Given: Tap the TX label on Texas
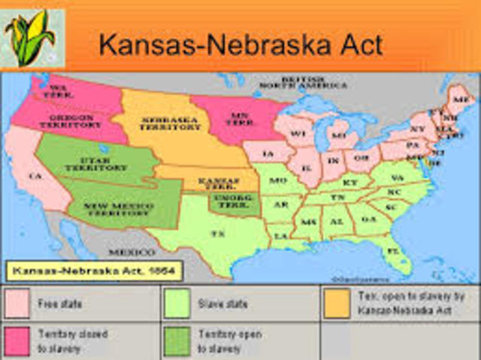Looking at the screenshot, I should click(218, 234).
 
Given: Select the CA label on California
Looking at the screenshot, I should click(35, 176).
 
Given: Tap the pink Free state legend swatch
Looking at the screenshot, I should click(19, 303).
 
